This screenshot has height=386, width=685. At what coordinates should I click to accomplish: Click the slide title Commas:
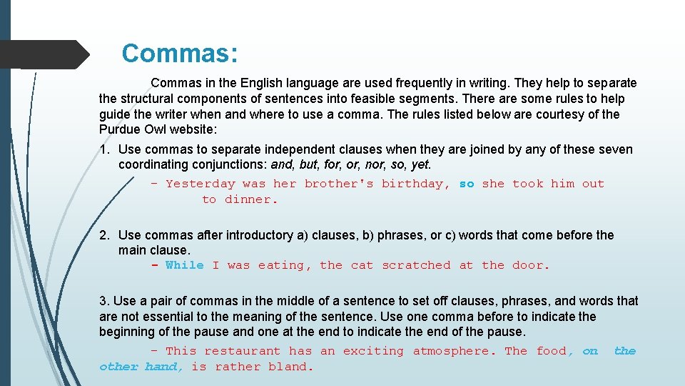180,54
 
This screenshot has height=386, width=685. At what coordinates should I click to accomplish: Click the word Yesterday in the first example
200,184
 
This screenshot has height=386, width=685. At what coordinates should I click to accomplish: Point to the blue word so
467,184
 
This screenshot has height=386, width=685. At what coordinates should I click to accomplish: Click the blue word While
184,265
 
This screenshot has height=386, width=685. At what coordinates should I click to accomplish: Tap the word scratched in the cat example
416,265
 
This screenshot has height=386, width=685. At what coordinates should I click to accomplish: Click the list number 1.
104,149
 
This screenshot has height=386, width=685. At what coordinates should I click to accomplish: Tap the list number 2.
104,235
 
